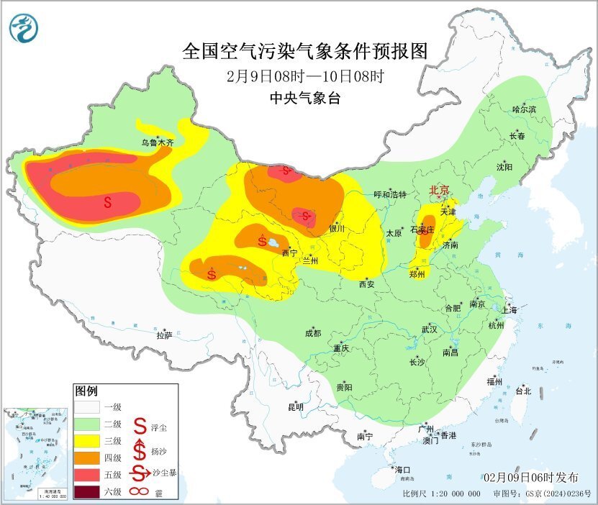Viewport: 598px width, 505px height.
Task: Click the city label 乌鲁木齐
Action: click(x=157, y=143)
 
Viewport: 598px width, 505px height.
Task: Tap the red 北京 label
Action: click(x=439, y=191)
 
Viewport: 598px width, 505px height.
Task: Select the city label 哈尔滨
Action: click(x=524, y=109)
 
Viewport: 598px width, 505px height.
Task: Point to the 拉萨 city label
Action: click(x=164, y=335)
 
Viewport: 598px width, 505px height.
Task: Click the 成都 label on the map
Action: click(x=312, y=333)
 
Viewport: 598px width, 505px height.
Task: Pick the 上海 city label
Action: click(x=510, y=310)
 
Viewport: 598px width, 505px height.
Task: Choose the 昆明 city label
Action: click(x=296, y=406)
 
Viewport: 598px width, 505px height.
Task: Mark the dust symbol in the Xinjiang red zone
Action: click(x=108, y=202)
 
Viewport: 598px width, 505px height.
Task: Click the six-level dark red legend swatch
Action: click(x=89, y=493)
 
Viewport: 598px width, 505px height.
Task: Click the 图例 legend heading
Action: click(x=86, y=391)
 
